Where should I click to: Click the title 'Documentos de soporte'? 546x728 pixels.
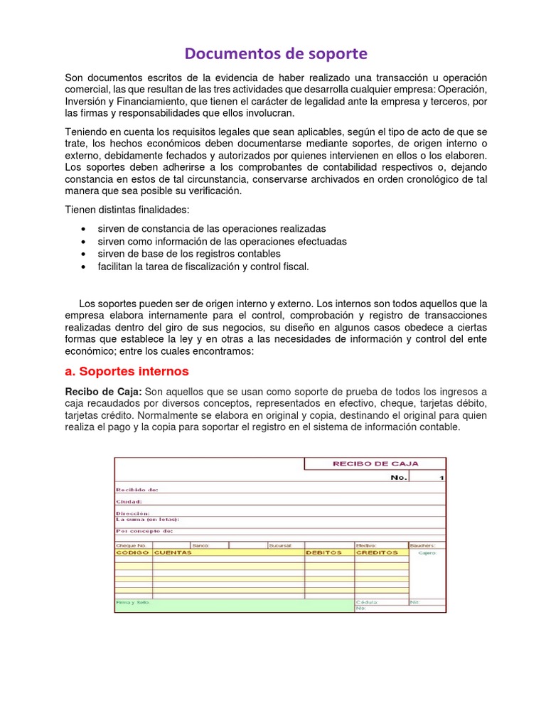pyautogui.click(x=277, y=53)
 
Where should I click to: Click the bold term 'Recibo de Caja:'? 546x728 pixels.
pyautogui.click(x=104, y=392)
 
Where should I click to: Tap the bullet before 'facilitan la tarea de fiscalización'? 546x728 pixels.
pyautogui.click(x=85, y=267)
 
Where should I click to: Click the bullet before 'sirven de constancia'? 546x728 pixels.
pyautogui.click(x=85, y=229)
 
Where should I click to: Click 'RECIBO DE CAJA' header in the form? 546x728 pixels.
pyautogui.click(x=376, y=464)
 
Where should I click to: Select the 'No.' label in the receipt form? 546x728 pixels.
pyautogui.click(x=399, y=477)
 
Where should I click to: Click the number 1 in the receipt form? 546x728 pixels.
pyautogui.click(x=441, y=478)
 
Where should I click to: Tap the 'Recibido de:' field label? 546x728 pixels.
pyautogui.click(x=137, y=490)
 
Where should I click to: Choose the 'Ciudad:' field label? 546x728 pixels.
pyautogui.click(x=129, y=501)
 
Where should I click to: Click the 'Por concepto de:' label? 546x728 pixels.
pyautogui.click(x=144, y=530)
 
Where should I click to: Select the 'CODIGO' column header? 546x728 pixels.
pyautogui.click(x=133, y=552)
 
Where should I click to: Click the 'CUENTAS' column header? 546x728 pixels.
pyautogui.click(x=173, y=552)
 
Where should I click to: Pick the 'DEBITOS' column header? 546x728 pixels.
pyautogui.click(x=324, y=552)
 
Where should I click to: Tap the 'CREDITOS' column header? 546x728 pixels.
pyautogui.click(x=377, y=552)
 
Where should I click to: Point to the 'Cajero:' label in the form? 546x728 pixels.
pyautogui.click(x=427, y=552)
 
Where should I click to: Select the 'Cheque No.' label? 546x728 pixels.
pyautogui.click(x=131, y=545)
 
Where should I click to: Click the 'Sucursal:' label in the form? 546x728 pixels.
pyautogui.click(x=279, y=545)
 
